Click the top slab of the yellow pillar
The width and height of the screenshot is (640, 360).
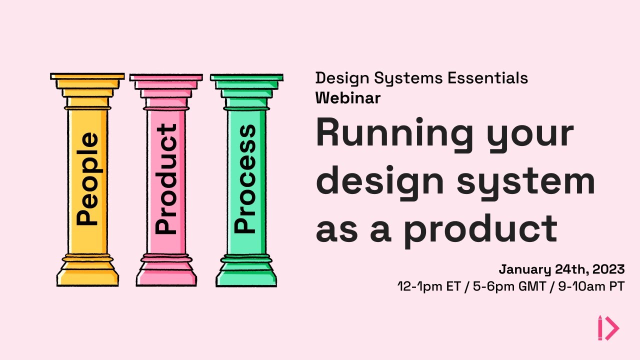coord(87,76)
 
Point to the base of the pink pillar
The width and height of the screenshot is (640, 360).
coord(166,275)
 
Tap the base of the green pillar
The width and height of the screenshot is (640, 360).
coord(246,275)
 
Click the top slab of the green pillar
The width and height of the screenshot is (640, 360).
coord(246,77)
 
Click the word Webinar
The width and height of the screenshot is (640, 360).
coord(347,98)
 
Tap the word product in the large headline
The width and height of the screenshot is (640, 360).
coord(480,228)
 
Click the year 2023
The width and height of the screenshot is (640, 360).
coord(609,269)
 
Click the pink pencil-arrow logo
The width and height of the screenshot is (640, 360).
coord(608,328)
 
